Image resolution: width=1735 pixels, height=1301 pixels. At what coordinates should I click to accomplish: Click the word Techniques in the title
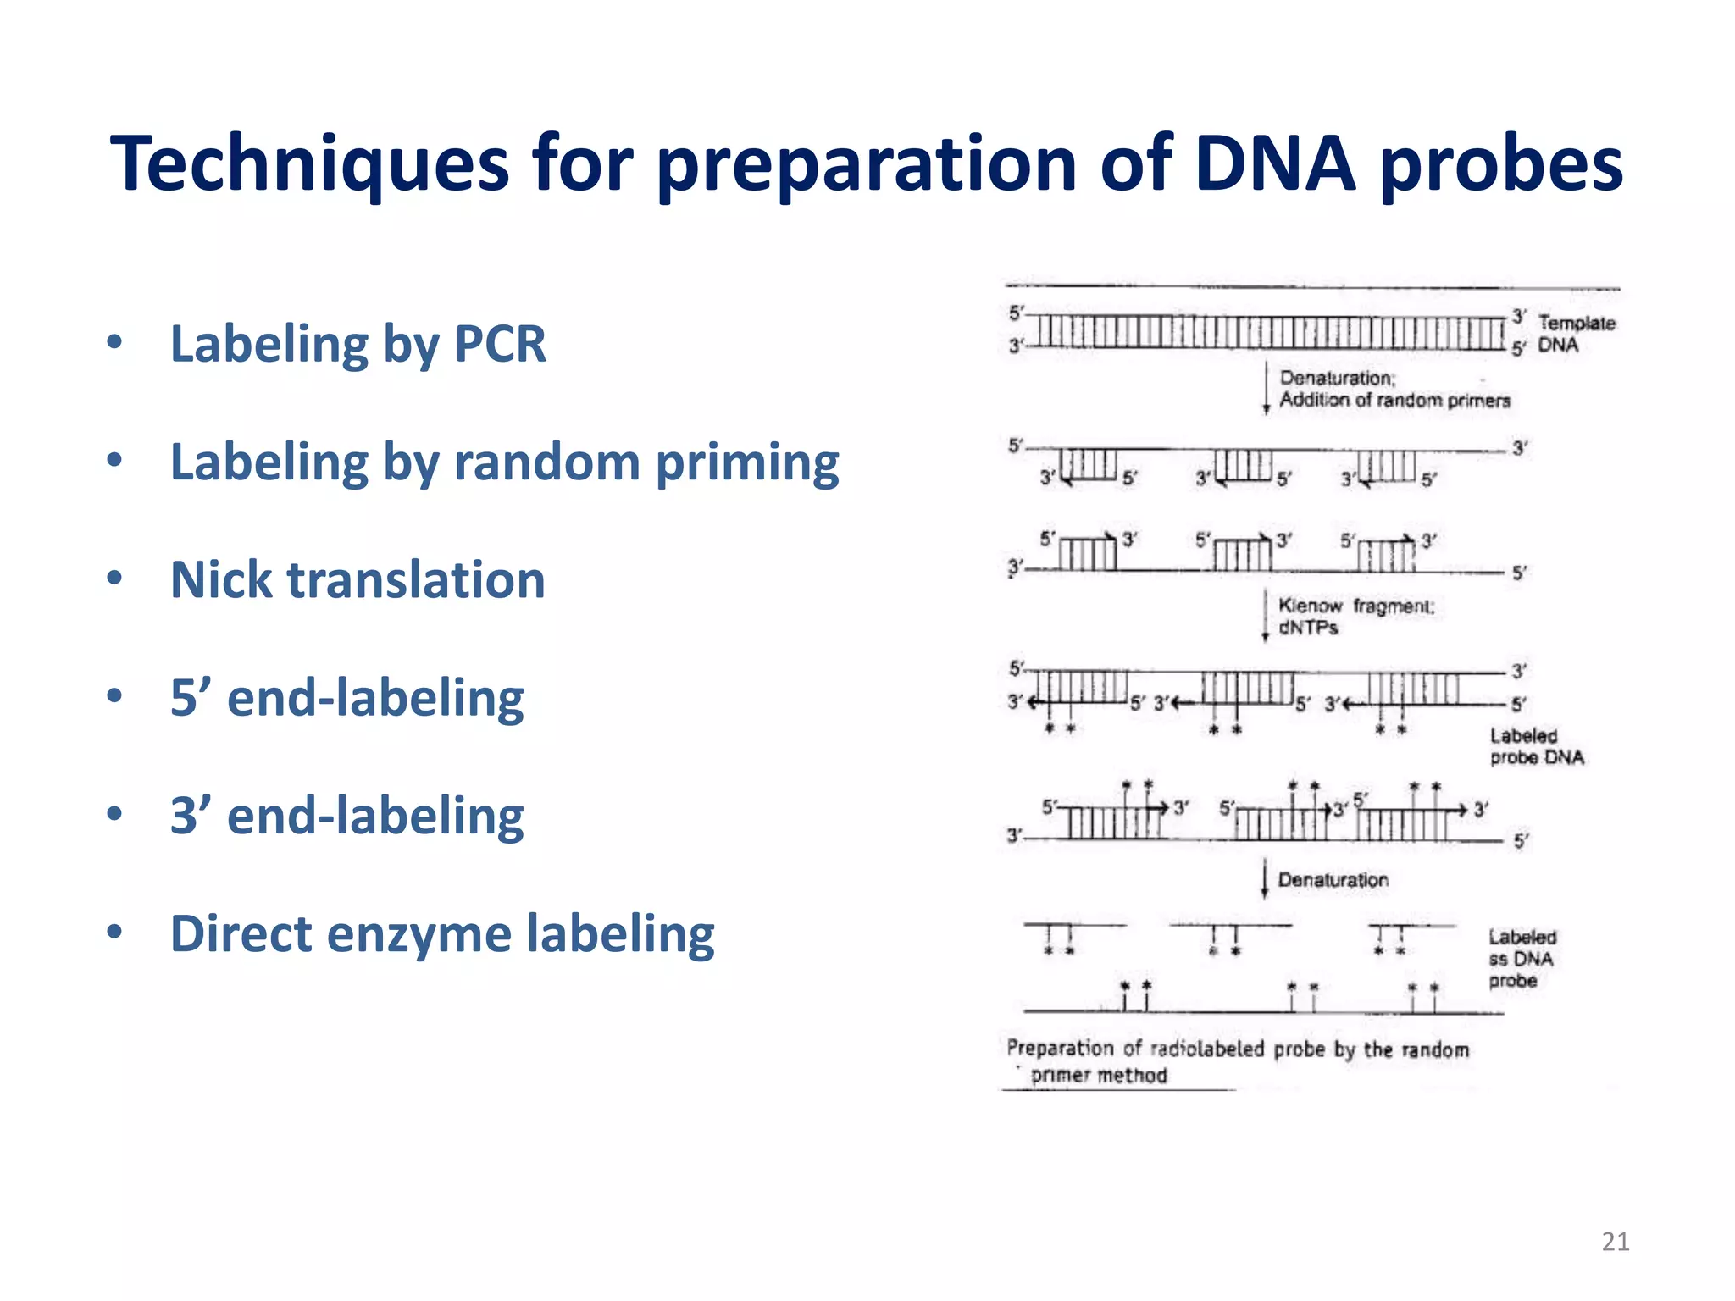309,164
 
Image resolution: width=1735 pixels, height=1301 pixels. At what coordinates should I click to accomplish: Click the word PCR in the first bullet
500,344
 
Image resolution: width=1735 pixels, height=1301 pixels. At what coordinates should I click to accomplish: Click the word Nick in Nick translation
222,580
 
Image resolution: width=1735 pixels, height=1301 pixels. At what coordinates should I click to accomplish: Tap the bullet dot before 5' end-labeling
115,696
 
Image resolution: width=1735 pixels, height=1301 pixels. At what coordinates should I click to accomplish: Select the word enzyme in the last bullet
419,933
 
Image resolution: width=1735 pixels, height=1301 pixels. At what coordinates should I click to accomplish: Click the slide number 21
1615,1242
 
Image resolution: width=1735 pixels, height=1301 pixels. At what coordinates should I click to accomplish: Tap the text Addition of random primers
1394,400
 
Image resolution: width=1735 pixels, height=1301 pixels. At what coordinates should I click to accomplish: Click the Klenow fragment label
1355,606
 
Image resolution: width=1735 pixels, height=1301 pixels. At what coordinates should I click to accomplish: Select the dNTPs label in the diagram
1307,628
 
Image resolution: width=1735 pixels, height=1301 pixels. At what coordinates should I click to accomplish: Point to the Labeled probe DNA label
1535,746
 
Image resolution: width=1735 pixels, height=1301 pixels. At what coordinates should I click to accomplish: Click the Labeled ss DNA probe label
1521,959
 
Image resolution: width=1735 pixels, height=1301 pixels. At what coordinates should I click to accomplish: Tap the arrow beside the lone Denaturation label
1265,878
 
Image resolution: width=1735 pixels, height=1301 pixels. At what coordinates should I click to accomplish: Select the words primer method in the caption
1099,1075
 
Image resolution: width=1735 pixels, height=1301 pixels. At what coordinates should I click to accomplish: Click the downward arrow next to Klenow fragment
1265,616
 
